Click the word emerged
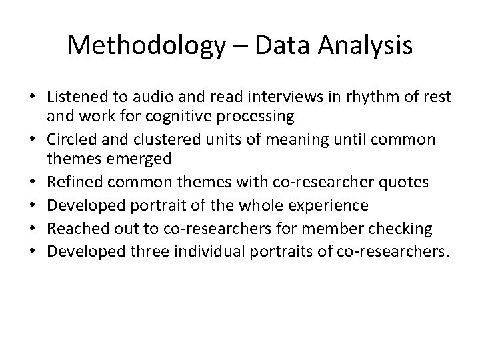tap(139, 159)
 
